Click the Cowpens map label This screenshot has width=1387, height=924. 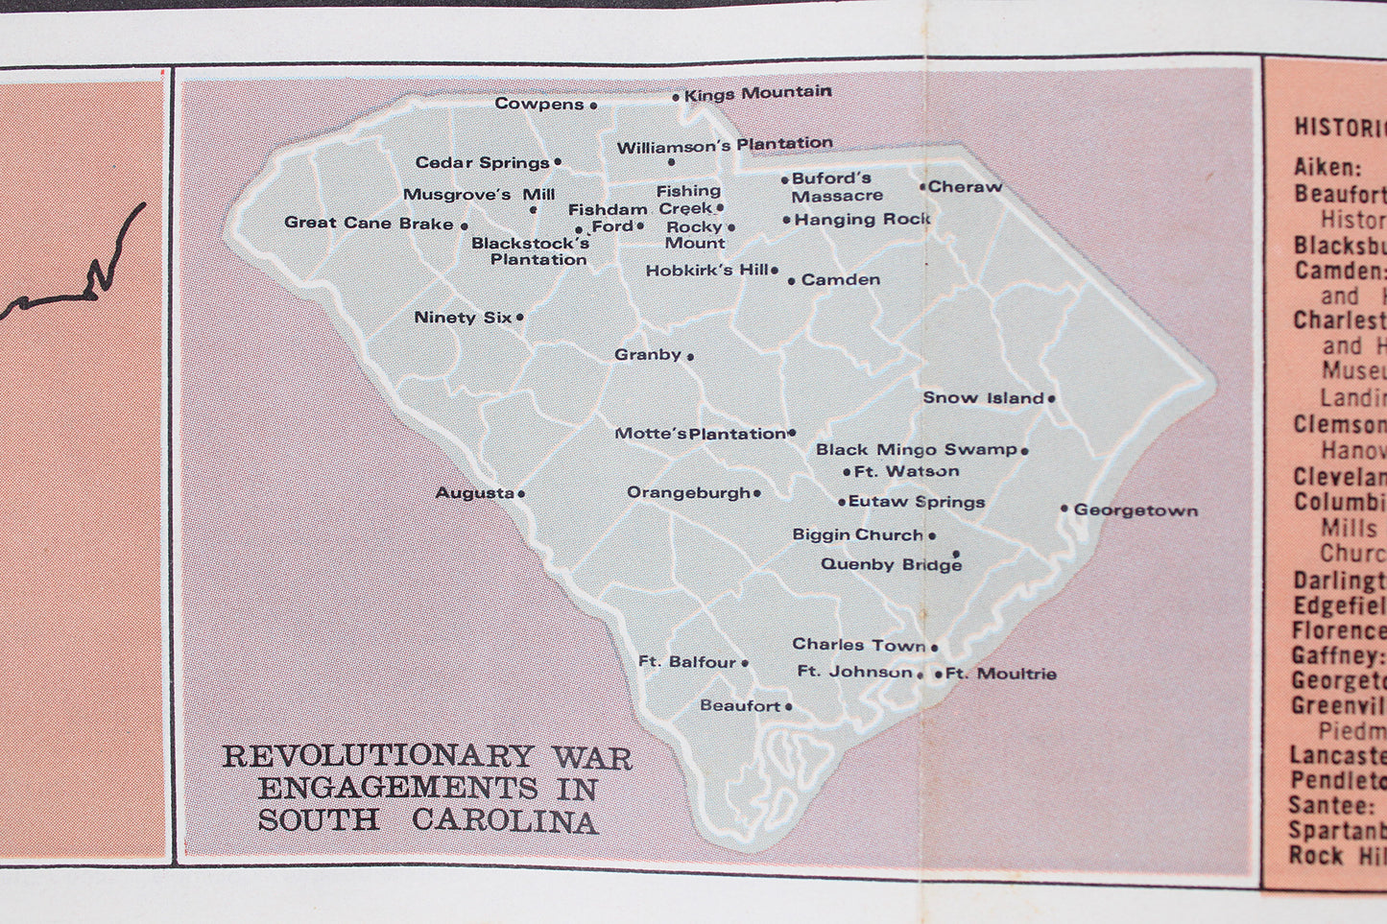pos(538,104)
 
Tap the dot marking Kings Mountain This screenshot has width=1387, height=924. pos(676,97)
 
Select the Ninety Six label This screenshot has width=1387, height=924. pos(463,318)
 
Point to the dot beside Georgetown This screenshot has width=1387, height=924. pos(1064,509)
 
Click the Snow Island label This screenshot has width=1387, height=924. pos(983,397)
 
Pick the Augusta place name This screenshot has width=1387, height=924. pos(474,493)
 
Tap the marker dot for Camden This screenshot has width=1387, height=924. pos(792,281)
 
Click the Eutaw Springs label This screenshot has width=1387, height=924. pos(917,502)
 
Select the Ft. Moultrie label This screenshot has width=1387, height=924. pos(1001,674)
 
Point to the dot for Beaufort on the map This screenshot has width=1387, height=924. pos(789,707)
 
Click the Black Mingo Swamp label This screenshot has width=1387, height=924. pos(916,449)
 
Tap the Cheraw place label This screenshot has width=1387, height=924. pos(965,187)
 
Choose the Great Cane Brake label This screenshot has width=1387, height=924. pos(369,224)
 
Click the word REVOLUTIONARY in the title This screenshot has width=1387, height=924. pos(377,756)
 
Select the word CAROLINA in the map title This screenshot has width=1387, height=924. pos(506,821)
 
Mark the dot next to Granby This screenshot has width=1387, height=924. pos(690,356)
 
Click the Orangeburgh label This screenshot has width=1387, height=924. pos(688,493)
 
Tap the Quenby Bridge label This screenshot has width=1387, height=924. pos(891,564)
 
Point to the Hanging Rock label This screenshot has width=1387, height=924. pos(862,220)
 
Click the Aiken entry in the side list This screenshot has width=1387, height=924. pos(1324,167)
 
